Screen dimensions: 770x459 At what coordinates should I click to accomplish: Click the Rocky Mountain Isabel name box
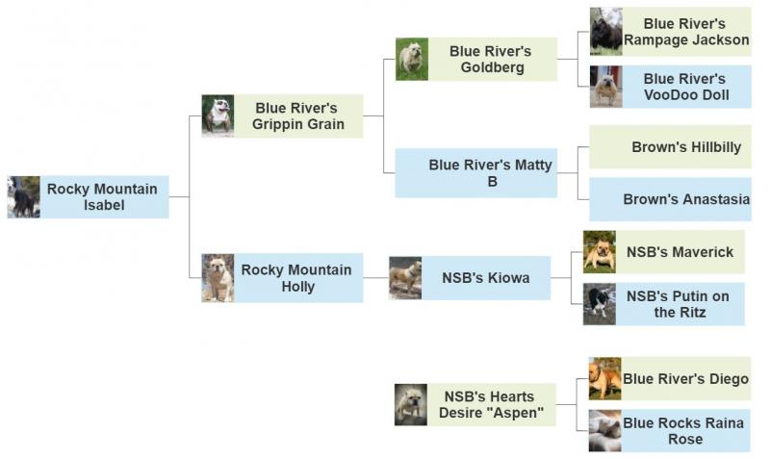point(105,197)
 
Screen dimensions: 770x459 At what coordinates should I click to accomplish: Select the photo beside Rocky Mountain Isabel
point(23,197)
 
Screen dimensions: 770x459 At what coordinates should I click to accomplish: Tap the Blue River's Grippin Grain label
point(298,115)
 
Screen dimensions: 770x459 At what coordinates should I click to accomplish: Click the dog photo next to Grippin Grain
point(218,115)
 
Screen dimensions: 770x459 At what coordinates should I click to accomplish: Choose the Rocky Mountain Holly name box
point(298,278)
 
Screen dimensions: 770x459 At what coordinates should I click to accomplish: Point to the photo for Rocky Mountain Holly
point(218,278)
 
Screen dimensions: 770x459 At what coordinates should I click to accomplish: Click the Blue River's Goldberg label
point(493,59)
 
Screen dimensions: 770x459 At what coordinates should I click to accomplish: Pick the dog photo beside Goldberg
point(412,59)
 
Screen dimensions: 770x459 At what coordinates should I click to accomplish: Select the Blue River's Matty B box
point(476,173)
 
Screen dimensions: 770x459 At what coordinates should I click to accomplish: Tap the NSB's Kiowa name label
point(486,278)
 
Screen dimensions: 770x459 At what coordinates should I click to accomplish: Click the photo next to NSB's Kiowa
point(405,278)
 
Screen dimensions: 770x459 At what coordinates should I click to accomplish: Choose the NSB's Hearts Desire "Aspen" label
point(492,405)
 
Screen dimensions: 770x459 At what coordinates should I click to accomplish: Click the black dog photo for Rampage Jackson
point(606,31)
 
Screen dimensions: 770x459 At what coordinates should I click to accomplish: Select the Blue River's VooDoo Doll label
point(686,87)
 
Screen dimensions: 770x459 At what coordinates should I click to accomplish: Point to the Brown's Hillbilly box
point(670,147)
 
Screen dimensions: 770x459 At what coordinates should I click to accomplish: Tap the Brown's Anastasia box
point(670,199)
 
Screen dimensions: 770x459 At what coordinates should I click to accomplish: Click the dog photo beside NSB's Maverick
point(600,252)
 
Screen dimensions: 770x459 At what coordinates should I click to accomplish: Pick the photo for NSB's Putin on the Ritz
point(600,304)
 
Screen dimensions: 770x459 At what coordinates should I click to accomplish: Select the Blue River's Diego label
point(686,378)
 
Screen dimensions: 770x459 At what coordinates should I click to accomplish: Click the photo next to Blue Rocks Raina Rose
point(605,430)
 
